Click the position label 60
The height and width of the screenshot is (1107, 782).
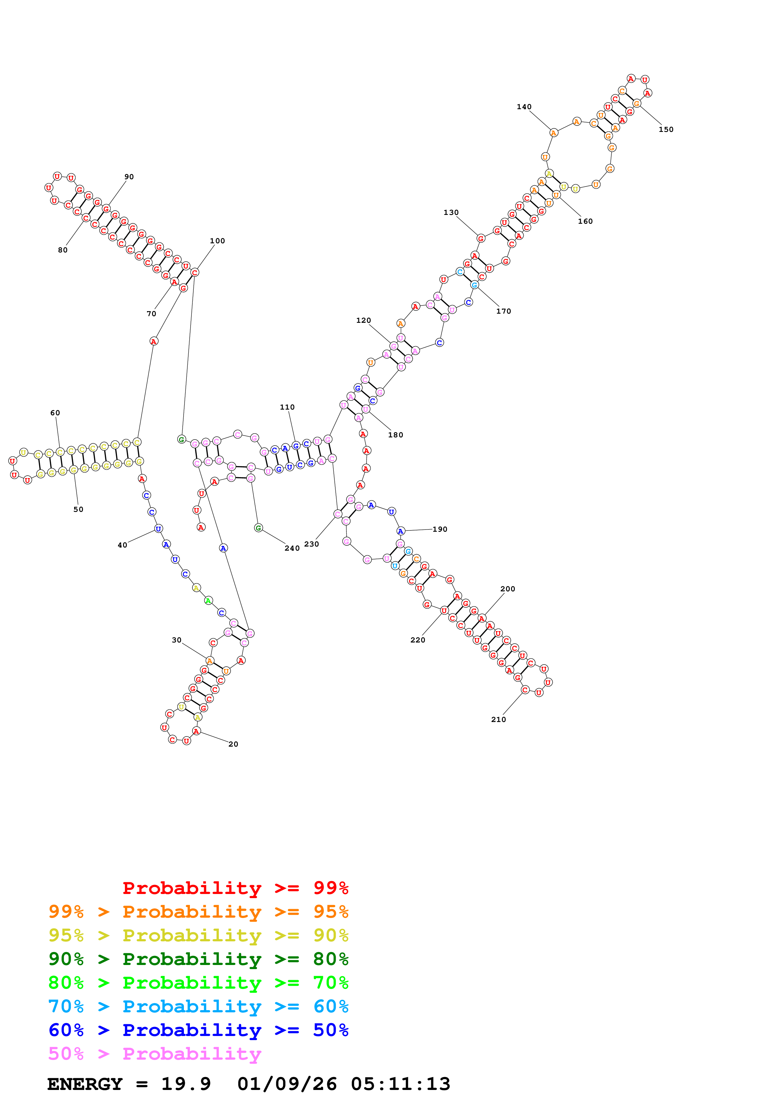coord(56,413)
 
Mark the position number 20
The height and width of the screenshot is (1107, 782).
coord(233,744)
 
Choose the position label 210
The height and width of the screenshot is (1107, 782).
coord(499,720)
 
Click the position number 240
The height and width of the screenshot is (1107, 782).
coord(292,548)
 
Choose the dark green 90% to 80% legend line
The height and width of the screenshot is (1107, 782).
coord(198,959)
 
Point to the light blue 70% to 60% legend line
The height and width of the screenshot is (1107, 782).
coord(198,1006)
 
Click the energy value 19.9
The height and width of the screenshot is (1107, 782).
coord(186,1084)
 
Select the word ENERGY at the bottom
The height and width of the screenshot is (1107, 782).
coord(85,1084)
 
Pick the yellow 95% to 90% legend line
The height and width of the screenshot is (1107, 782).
coord(198,935)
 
